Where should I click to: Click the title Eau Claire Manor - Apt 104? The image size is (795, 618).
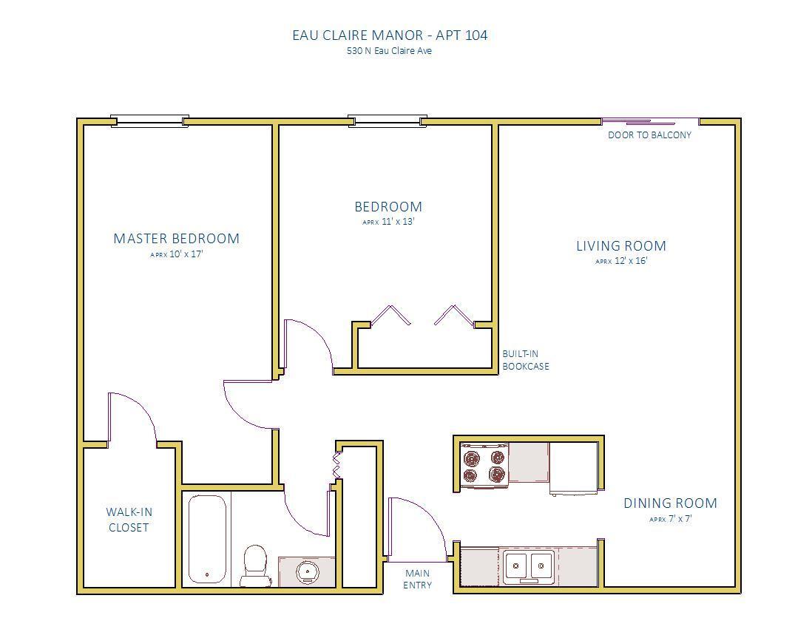(390, 35)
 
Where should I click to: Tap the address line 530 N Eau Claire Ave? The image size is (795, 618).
(390, 51)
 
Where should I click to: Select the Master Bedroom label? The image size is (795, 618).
(177, 238)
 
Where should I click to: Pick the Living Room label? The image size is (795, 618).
(621, 246)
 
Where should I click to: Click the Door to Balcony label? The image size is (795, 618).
(649, 135)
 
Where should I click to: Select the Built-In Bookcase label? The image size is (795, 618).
(526, 360)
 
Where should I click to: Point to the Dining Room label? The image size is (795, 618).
(670, 503)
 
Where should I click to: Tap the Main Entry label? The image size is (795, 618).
(417, 579)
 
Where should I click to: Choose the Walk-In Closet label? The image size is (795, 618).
(129, 520)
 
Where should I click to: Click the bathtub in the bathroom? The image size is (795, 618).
(207, 540)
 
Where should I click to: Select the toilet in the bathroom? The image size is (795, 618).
(256, 565)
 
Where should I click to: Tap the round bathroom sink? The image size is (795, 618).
(307, 572)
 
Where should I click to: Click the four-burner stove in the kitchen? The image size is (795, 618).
(484, 466)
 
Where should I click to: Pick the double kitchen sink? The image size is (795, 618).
(528, 565)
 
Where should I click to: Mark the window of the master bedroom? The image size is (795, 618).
(149, 121)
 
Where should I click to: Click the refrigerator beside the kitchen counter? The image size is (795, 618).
(573, 469)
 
